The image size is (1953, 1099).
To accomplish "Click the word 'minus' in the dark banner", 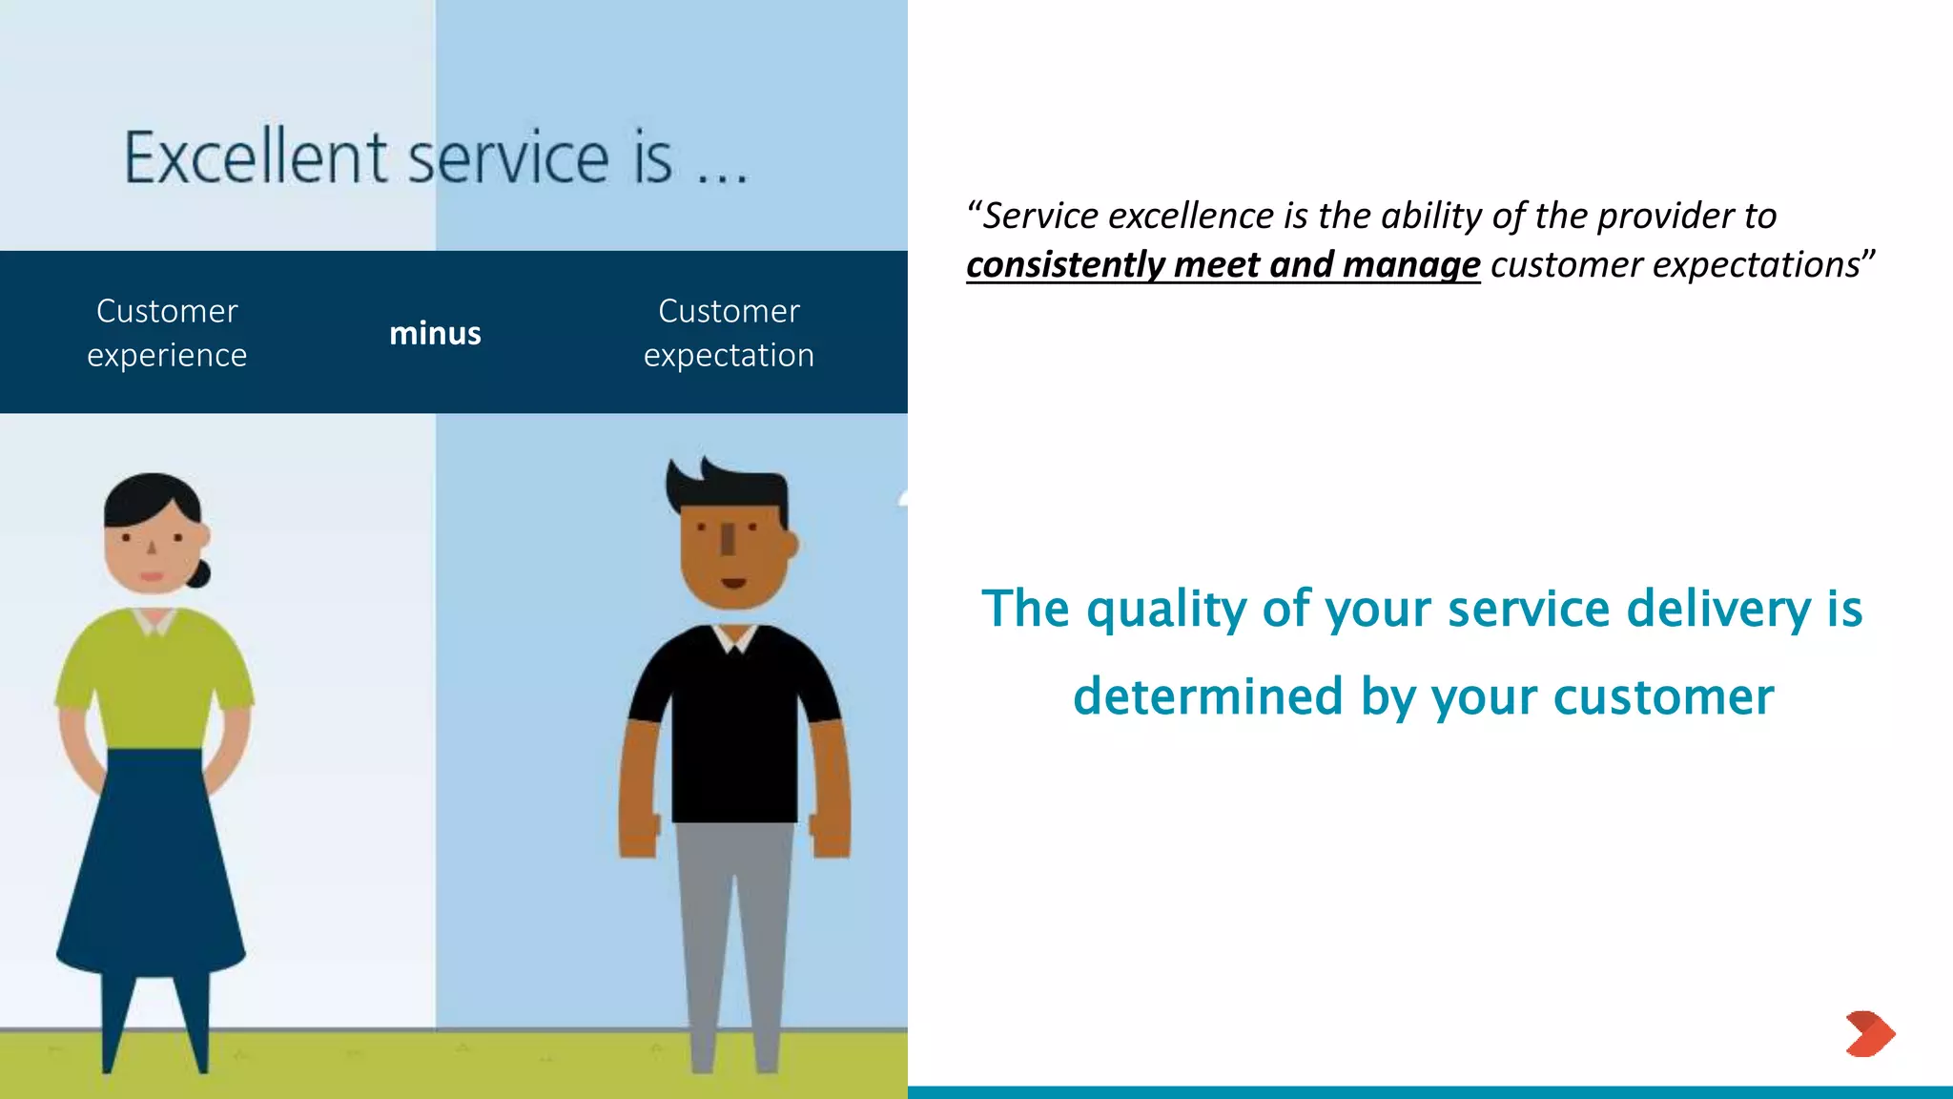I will point(435,334).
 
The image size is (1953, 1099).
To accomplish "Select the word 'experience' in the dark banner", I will point(167,356).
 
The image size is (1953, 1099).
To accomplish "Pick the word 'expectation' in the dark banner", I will point(729,356).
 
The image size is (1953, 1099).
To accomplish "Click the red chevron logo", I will point(1870,1034).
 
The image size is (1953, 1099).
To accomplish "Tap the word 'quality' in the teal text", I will point(1165,611).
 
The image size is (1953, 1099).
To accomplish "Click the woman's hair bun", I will point(201,573).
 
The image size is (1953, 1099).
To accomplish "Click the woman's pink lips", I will point(152,576).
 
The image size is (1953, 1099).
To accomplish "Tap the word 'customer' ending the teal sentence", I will point(1663,697).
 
